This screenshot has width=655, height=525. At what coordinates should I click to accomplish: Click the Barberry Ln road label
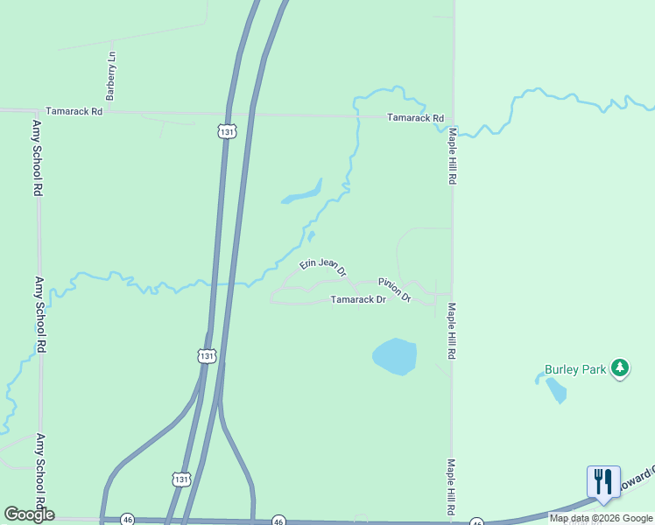tap(111, 75)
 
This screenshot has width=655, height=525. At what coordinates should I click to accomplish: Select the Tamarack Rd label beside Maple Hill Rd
tap(416, 118)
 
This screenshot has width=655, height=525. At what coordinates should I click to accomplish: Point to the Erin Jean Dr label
tap(323, 263)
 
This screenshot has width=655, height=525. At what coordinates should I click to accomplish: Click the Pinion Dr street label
tap(395, 290)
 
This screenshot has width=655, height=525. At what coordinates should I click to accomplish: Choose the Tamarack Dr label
tap(358, 300)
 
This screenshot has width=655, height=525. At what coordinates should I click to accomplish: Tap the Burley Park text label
tap(575, 369)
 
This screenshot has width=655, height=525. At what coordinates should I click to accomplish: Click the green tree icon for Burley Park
tap(620, 368)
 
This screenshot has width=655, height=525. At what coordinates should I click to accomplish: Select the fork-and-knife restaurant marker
tap(603, 482)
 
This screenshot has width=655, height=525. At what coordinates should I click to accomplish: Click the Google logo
tap(29, 514)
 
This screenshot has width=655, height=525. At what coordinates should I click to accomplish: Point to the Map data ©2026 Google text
tap(601, 518)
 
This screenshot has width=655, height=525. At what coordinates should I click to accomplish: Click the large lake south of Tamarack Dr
tap(395, 356)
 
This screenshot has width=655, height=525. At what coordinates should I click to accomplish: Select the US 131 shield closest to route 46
tap(180, 479)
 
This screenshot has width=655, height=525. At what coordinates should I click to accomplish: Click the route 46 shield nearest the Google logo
tap(127, 519)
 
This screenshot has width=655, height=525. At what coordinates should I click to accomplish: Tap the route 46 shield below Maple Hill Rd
tap(476, 521)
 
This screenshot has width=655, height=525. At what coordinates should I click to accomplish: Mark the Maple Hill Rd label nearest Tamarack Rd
tap(453, 156)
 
